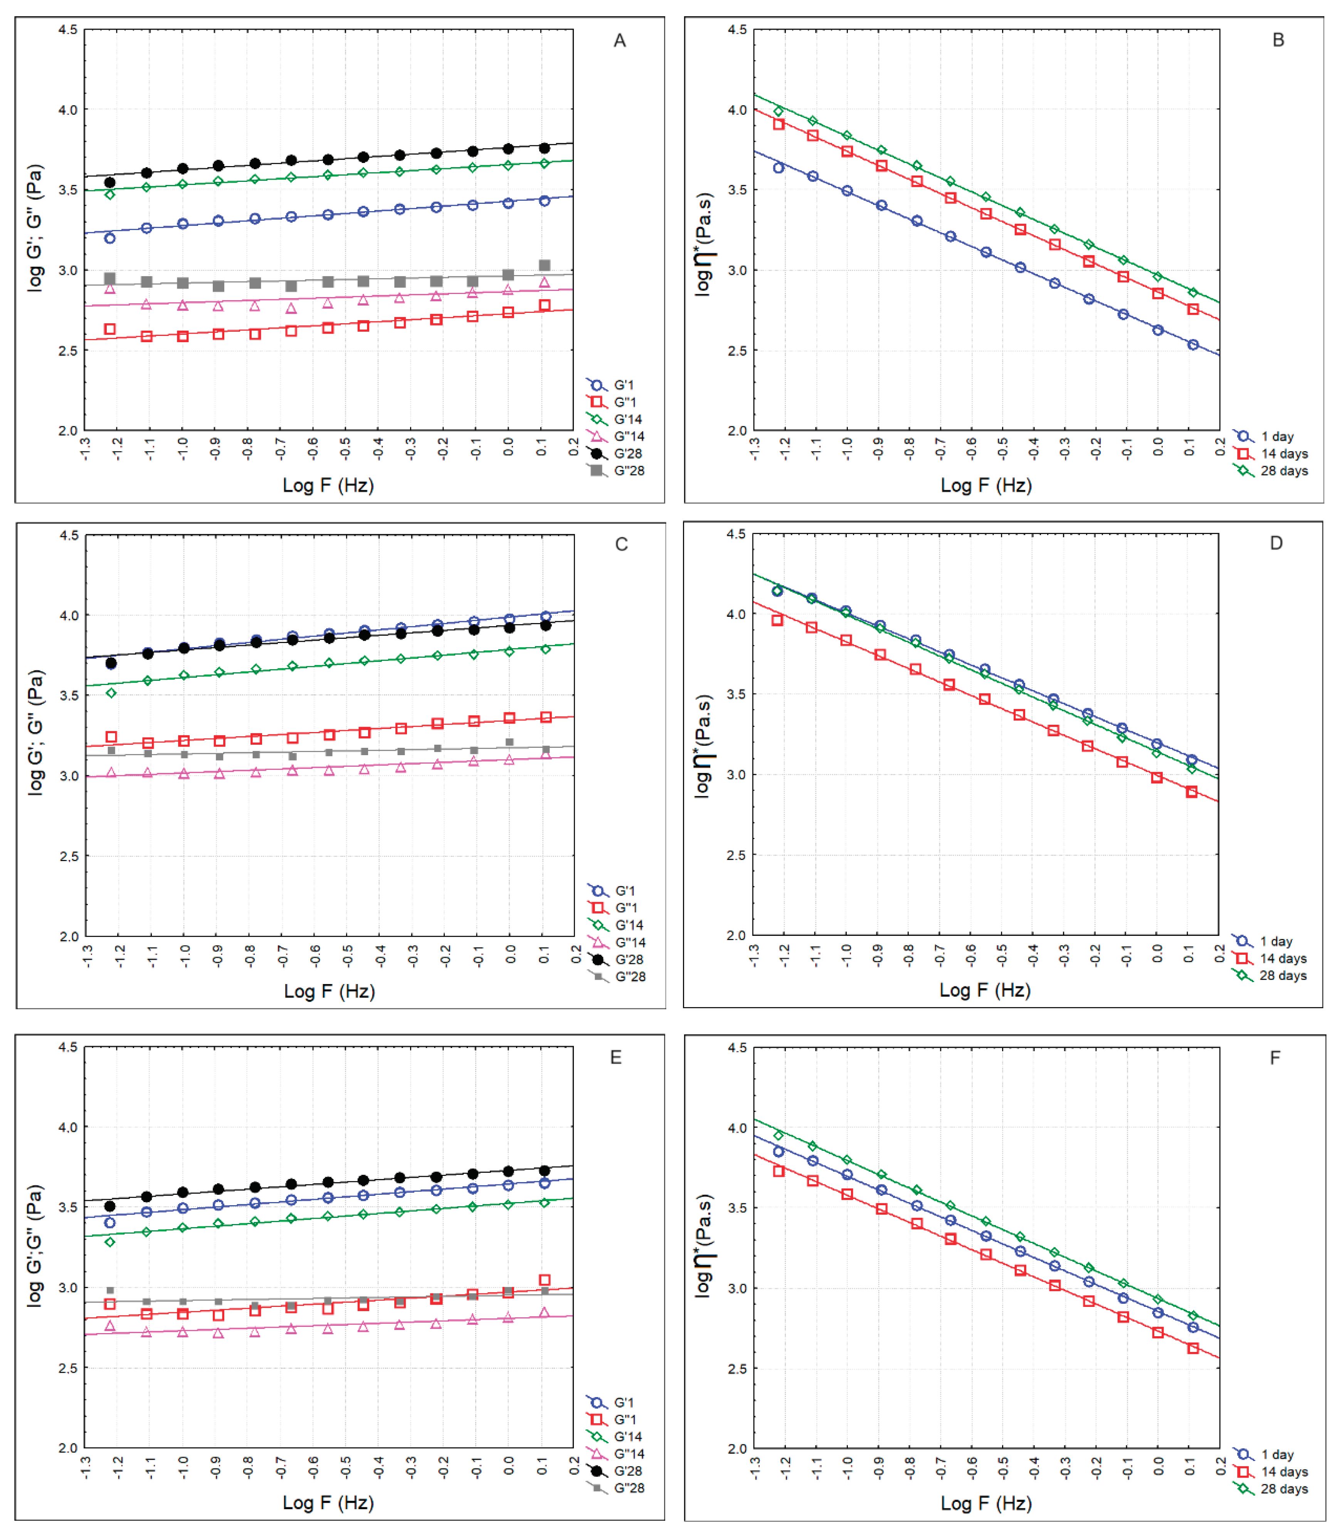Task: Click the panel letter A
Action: pyautogui.click(x=619, y=40)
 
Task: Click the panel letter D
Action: pyautogui.click(x=1276, y=543)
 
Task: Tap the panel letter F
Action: pyautogui.click(x=1275, y=1057)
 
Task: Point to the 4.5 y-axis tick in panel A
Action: pyautogui.click(x=67, y=30)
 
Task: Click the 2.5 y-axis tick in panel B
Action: pyautogui.click(x=738, y=350)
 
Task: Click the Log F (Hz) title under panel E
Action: pyautogui.click(x=328, y=1502)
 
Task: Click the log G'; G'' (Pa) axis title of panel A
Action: pyautogui.click(x=34, y=228)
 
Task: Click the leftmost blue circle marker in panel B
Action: pyautogui.click(x=779, y=168)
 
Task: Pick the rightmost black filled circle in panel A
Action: pyautogui.click(x=545, y=148)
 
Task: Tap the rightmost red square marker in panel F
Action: pyautogui.click(x=1193, y=1349)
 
